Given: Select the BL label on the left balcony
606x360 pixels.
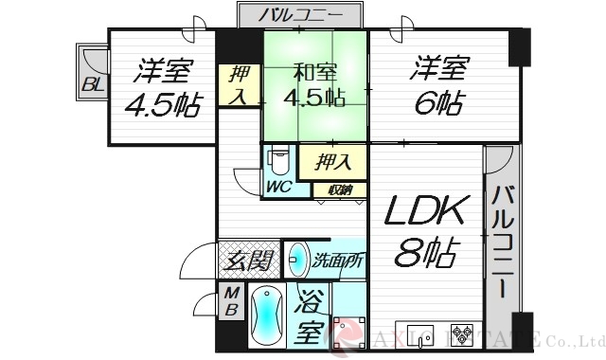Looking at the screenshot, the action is point(92,85).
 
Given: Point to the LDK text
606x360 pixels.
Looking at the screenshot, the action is point(425,210).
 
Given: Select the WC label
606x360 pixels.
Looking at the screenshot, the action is point(277,186).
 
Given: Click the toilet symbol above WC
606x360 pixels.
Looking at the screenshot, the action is point(277,159).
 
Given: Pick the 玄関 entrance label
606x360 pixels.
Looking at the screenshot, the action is point(249,259).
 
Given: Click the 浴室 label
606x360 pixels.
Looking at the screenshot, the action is point(308,319).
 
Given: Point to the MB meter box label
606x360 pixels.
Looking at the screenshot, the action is point(231,302).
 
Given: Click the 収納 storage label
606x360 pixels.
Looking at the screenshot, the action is point(340,189).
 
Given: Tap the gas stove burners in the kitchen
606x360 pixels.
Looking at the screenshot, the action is point(465,334).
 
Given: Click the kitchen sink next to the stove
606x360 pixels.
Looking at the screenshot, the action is point(420,334).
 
